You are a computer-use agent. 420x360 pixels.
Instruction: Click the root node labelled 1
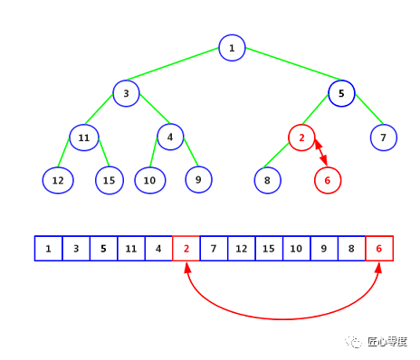[232, 48]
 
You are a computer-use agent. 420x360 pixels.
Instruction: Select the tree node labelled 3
[127, 92]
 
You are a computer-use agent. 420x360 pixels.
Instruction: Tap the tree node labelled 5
[341, 92]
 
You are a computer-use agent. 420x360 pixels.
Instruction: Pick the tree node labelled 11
[83, 137]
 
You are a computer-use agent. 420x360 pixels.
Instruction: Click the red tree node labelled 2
[301, 137]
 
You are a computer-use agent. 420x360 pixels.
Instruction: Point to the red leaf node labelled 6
[328, 180]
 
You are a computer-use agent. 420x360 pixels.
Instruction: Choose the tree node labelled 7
[384, 137]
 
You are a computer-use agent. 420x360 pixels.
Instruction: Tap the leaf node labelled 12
[58, 180]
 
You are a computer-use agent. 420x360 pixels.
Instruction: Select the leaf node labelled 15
[110, 180]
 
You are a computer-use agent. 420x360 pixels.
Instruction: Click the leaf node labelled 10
[149, 180]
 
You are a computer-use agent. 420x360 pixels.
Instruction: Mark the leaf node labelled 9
[198, 180]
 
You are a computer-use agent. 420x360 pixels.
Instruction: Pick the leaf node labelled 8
[268, 180]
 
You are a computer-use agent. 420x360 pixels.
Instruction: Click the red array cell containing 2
[186, 248]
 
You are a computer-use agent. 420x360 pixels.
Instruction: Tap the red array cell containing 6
[379, 248]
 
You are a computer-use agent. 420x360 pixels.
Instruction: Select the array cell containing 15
[269, 248]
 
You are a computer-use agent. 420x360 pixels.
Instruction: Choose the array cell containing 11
[131, 248]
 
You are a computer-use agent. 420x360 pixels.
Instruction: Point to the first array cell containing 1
[48, 248]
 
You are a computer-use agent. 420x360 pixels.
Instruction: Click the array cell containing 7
[214, 248]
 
